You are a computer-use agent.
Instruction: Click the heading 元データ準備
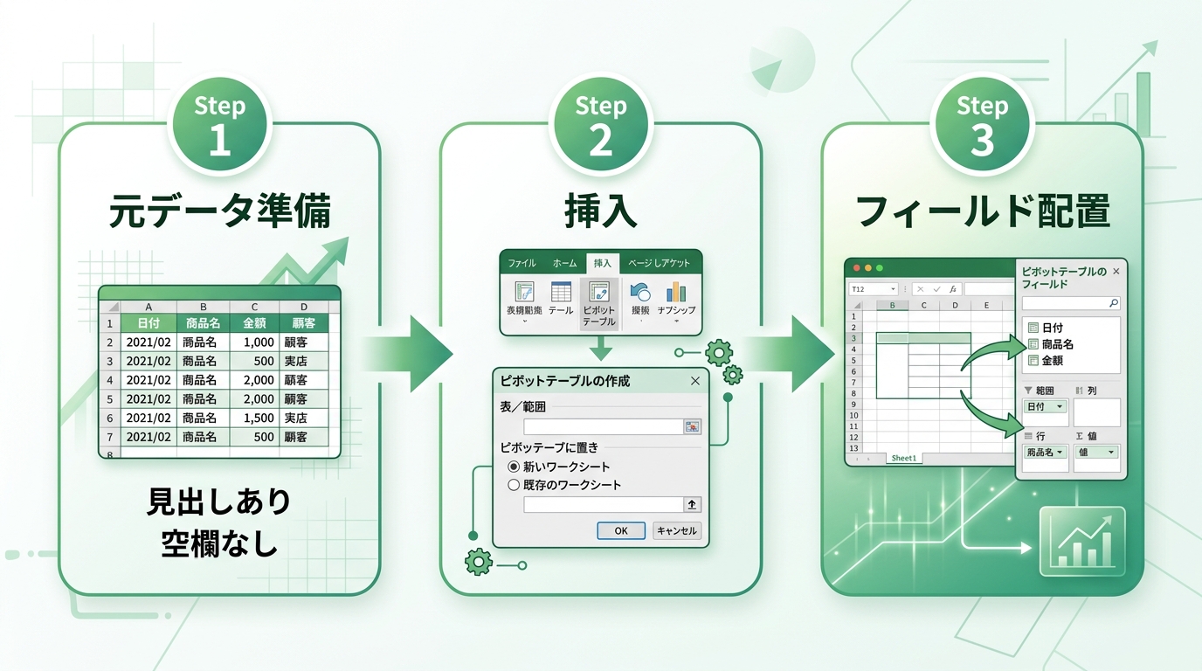point(219,212)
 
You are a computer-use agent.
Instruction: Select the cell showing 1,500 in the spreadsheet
point(254,418)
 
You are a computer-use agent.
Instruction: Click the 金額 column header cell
point(254,323)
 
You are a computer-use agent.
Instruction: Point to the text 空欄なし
point(219,543)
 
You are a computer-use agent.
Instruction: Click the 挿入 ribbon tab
point(603,263)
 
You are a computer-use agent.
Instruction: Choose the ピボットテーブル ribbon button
point(598,303)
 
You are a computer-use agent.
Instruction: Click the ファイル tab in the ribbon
point(522,263)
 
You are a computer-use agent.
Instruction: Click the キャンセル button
point(677,530)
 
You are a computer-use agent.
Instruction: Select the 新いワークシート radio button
point(514,467)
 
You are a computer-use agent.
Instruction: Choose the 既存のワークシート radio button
point(514,485)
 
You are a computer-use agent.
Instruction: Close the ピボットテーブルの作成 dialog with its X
point(695,381)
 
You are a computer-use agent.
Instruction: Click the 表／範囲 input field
point(603,426)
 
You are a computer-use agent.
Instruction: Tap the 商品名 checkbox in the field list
point(1033,344)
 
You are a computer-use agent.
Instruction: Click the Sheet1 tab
point(903,459)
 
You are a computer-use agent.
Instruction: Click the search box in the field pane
point(1070,303)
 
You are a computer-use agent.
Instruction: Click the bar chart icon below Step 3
point(1082,543)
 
